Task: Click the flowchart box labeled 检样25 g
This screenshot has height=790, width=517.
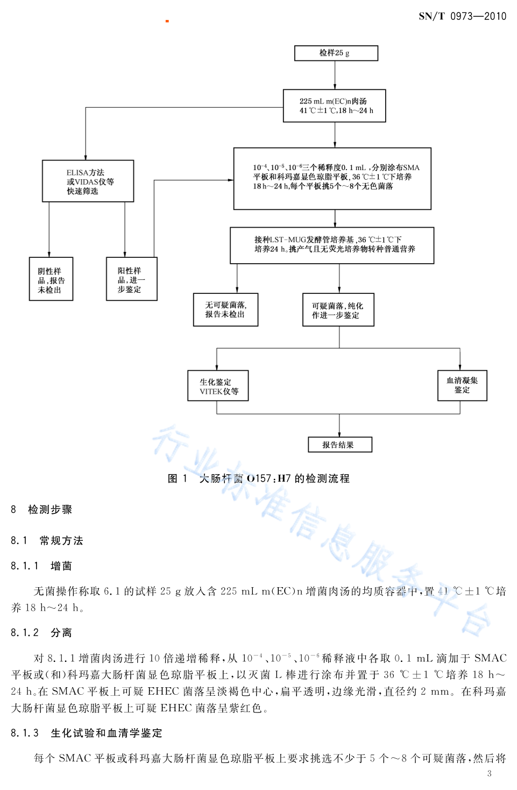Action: (x=336, y=53)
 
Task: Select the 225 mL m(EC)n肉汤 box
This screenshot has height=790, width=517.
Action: (x=334, y=105)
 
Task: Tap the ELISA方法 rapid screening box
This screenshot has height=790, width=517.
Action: (x=88, y=181)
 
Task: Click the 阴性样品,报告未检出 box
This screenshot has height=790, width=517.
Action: (x=51, y=279)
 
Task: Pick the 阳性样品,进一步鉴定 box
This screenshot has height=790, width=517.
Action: (x=132, y=279)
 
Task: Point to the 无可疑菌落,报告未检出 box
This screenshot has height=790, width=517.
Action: (x=226, y=309)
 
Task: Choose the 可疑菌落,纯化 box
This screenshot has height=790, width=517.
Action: (x=338, y=309)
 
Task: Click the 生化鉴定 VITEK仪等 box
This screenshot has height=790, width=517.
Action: (x=218, y=385)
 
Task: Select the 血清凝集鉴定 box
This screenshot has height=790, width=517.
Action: (x=462, y=385)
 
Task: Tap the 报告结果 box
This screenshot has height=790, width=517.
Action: (x=340, y=445)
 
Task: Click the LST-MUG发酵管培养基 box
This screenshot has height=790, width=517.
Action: (x=332, y=245)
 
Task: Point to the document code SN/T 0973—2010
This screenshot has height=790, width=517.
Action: (x=462, y=16)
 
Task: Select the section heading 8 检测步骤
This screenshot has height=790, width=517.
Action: (x=41, y=509)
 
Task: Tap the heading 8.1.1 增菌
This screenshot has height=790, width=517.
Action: (x=41, y=566)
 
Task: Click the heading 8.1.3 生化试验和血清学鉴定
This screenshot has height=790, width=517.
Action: (x=87, y=733)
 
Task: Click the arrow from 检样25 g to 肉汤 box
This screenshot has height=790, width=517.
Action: (x=335, y=75)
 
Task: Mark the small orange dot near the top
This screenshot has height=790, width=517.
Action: (x=167, y=21)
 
